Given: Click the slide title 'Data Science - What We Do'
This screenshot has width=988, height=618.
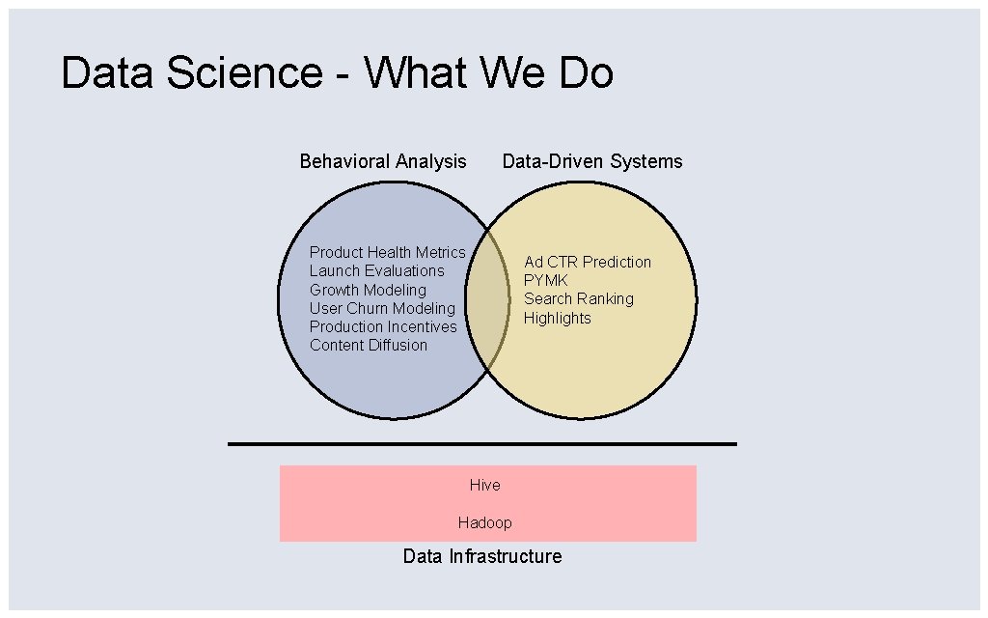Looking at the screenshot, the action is click(337, 73).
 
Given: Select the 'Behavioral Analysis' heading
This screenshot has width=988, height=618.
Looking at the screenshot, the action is click(383, 161).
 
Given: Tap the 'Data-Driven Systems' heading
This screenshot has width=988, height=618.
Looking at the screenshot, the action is click(592, 161).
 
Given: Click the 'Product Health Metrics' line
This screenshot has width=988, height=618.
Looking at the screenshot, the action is click(387, 252).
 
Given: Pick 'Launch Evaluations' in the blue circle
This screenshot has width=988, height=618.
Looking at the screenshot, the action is click(376, 270).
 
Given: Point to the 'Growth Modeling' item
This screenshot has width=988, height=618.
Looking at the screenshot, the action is click(368, 290).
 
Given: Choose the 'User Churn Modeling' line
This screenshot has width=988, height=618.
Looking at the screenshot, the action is click(382, 308).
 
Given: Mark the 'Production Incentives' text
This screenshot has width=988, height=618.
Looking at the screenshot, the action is click(383, 326).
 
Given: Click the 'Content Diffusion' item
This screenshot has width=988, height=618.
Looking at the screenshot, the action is click(369, 345).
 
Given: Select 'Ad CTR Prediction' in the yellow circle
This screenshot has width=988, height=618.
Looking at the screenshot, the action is click(588, 262).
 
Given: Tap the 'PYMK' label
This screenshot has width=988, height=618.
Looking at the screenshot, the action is click(546, 280).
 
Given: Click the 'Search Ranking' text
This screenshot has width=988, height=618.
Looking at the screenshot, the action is click(579, 298).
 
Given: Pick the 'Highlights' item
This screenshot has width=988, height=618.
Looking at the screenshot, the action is click(558, 318).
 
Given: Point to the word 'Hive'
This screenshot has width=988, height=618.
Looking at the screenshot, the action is click(485, 485).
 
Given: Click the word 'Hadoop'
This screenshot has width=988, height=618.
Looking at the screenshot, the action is click(485, 522).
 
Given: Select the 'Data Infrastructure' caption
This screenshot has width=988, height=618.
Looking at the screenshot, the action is click(482, 556).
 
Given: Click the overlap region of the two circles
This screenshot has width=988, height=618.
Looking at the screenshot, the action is click(488, 299).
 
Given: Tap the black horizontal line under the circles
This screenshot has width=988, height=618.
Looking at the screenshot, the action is click(482, 444).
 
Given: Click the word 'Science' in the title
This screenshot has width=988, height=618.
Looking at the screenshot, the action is click(243, 73).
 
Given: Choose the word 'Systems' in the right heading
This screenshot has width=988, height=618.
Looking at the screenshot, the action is click(647, 161).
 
